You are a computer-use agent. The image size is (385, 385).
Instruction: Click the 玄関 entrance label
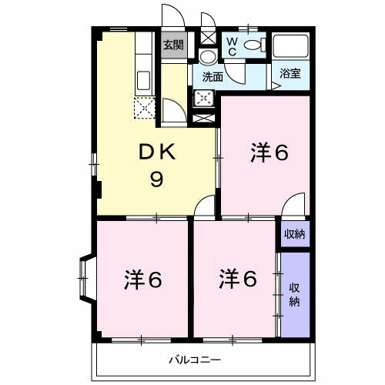tap(172, 45)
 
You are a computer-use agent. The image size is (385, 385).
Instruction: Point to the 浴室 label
tap(290, 75)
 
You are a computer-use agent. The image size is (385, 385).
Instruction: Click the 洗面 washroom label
tap(213, 76)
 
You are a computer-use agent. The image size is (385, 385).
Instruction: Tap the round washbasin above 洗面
tap(207, 58)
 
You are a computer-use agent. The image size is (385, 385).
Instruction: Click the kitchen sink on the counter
tap(143, 79)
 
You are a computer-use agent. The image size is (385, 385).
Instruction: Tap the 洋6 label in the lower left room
tap(142, 280)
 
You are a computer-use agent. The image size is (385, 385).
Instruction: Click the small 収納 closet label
tap(293, 233)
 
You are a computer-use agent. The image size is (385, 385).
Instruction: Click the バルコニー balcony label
tap(196, 360)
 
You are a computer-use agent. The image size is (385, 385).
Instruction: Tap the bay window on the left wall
tap(85, 277)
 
